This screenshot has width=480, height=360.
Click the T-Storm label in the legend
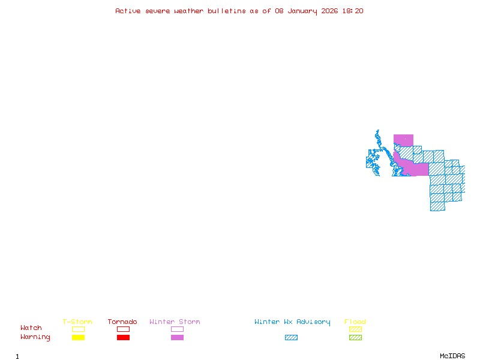(77, 322)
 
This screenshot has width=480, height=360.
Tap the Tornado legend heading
(122, 322)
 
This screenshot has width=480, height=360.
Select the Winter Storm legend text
(175, 322)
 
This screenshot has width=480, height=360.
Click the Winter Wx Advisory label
(292, 322)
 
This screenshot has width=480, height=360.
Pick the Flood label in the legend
(355, 322)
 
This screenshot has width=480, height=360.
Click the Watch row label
(31, 328)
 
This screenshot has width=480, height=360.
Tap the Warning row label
(35, 337)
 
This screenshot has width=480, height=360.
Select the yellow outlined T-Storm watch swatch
(78, 329)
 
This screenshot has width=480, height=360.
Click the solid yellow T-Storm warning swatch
(78, 337)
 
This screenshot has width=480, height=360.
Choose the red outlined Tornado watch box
(123, 329)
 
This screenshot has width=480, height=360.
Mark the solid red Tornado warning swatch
(123, 337)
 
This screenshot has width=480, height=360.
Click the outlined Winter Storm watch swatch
(177, 329)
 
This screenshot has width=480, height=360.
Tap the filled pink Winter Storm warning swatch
(177, 337)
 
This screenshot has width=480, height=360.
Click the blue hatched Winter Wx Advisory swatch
(291, 337)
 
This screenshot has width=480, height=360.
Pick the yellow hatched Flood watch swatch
(355, 329)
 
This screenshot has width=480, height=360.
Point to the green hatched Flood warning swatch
(355, 337)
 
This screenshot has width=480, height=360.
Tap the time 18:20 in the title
(353, 11)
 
